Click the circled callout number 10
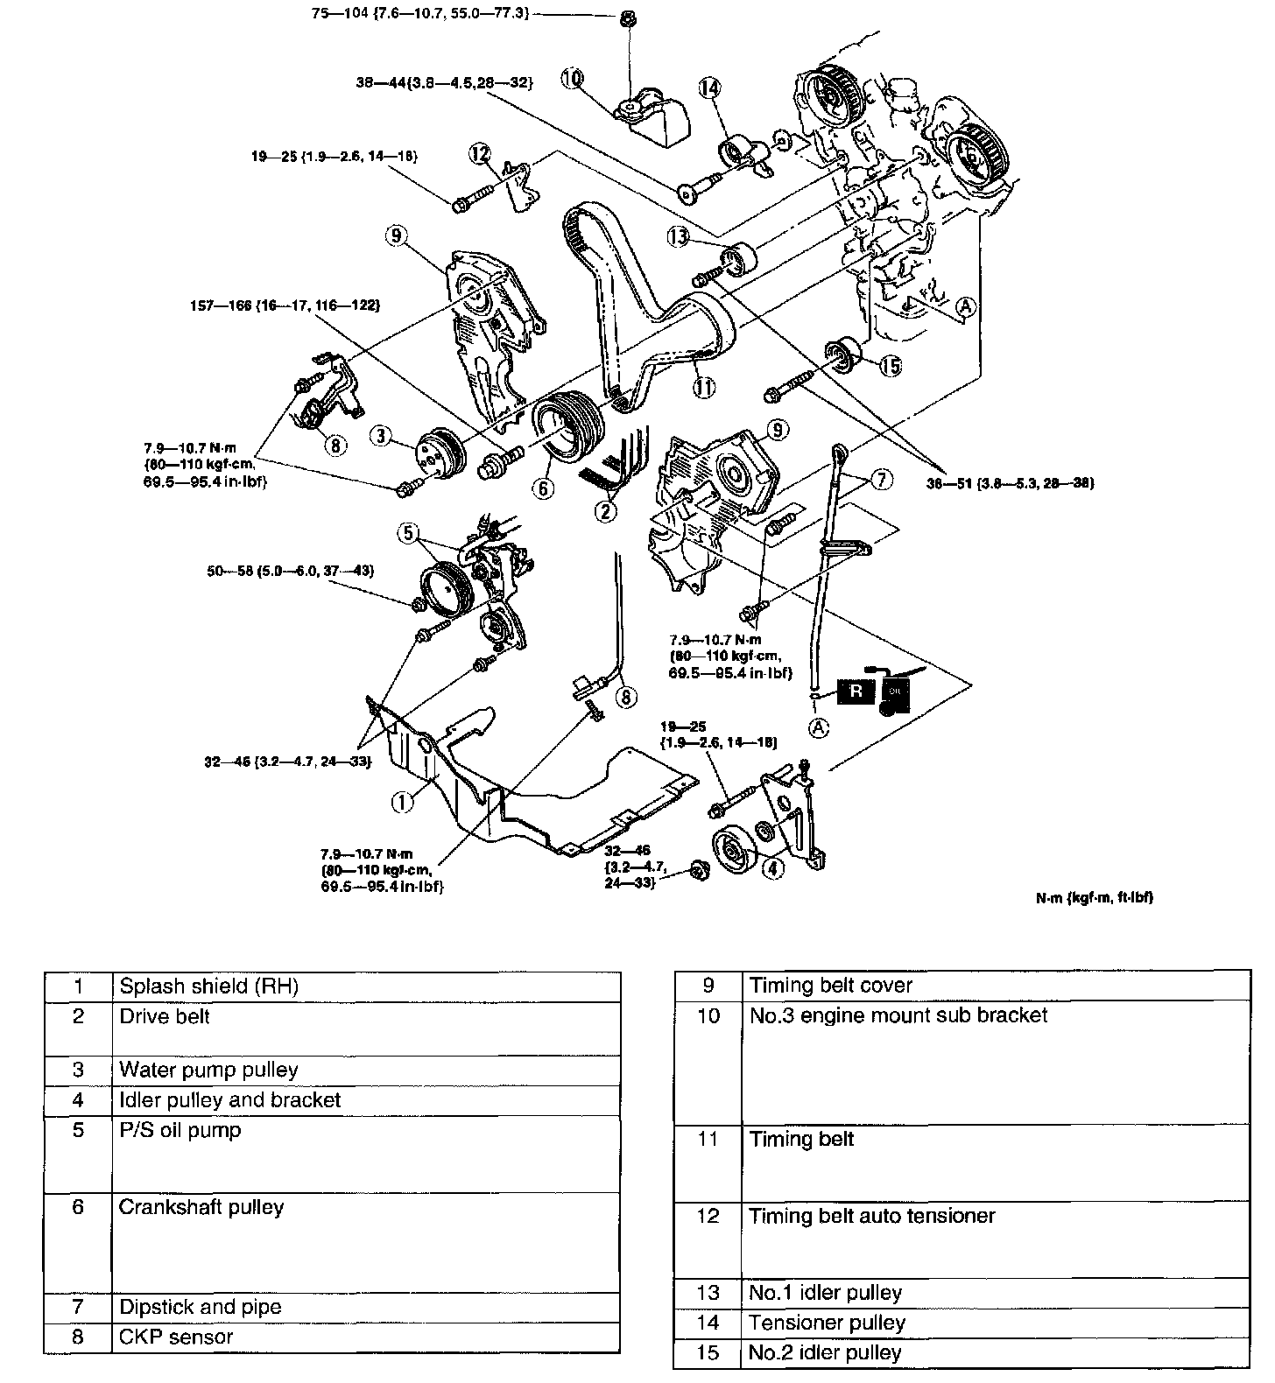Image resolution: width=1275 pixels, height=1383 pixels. pyautogui.click(x=572, y=79)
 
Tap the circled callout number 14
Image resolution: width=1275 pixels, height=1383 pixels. pyautogui.click(x=708, y=88)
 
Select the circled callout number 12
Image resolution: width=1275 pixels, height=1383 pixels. pyautogui.click(x=479, y=154)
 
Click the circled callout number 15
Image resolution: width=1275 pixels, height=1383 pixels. pyautogui.click(x=890, y=366)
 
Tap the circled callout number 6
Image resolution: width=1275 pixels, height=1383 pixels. pyautogui.click(x=543, y=488)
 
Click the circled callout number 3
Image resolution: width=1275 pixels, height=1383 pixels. pyautogui.click(x=379, y=435)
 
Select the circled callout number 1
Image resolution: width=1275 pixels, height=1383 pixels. pyautogui.click(x=402, y=801)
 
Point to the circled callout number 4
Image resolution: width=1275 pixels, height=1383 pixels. pyautogui.click(x=772, y=868)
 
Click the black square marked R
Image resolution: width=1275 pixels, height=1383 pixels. pyautogui.click(x=856, y=690)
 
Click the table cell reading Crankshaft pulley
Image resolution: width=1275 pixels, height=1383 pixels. pyautogui.click(x=201, y=1207)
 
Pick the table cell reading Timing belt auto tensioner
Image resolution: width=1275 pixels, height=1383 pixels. pyautogui.click(x=872, y=1216)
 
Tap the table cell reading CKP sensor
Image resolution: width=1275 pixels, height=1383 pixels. pyautogui.click(x=176, y=1337)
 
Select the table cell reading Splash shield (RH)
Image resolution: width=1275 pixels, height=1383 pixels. pyautogui.click(x=208, y=986)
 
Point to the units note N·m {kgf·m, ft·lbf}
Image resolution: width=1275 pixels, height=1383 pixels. pyautogui.click(x=1094, y=897)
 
